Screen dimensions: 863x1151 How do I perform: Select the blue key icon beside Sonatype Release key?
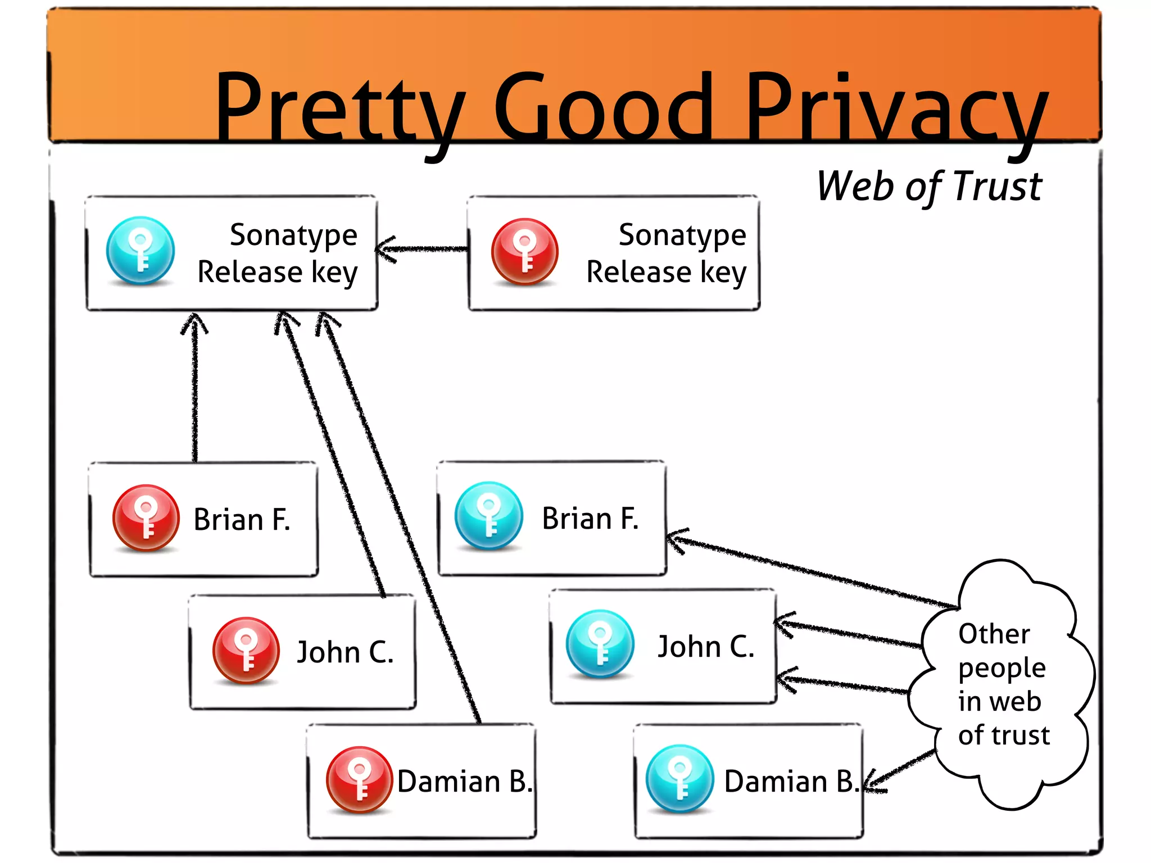141,251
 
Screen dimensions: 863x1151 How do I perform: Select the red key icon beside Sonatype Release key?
525,251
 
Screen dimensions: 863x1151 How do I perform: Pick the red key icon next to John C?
246,650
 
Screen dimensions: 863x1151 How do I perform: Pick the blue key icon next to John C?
600,643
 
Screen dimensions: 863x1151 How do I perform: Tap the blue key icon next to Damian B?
679,778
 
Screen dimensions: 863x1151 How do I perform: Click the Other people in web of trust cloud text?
1003,684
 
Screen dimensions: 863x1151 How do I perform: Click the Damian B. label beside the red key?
465,782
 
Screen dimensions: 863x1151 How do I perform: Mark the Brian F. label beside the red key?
242,519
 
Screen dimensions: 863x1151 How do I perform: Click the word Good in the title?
604,110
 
